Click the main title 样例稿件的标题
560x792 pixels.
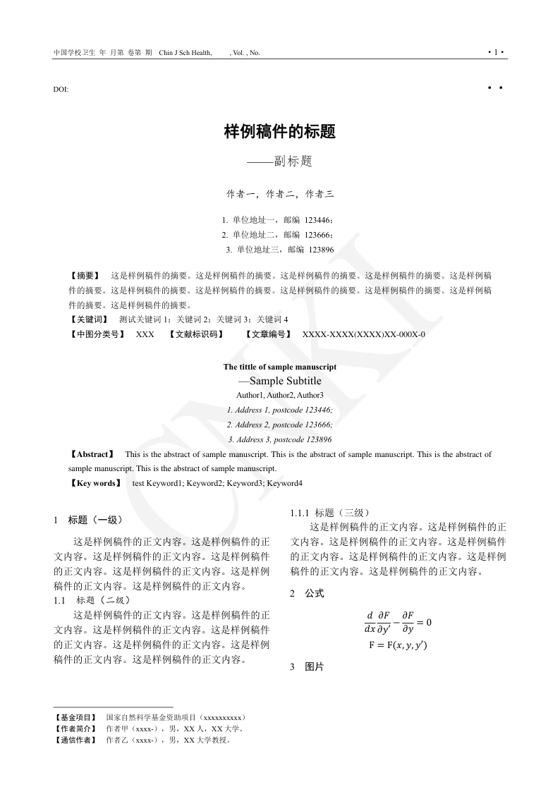pos(279,131)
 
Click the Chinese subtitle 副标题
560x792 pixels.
pos(288,162)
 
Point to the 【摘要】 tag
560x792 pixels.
pos(85,275)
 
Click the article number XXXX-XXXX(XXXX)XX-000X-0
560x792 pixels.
pos(363,334)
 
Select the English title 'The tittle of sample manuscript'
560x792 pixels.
pos(279,367)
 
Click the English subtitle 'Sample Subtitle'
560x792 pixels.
pos(285,381)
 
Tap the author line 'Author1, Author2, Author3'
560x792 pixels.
pos(279,395)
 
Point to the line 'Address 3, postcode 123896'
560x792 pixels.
pos(279,439)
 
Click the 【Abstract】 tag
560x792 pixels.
pos(92,454)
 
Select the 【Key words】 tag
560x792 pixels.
pos(95,483)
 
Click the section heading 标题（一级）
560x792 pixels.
pos(96,520)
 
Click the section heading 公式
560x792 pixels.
pos(315,593)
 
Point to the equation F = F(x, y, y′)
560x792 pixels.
pos(398,645)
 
